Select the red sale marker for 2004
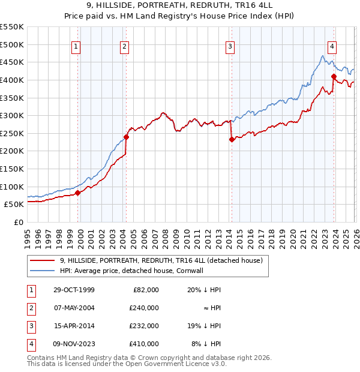pyautogui.click(x=126, y=137)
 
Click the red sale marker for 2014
pyautogui.click(x=232, y=140)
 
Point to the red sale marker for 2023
pyautogui.click(x=334, y=76)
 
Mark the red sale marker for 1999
pyautogui.click(x=77, y=193)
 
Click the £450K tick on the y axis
pyautogui.click(x=12, y=62)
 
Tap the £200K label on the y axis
pyautogui.click(x=12, y=151)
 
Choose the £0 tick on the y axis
pyautogui.click(x=18, y=222)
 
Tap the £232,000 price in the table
pyautogui.click(x=145, y=326)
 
